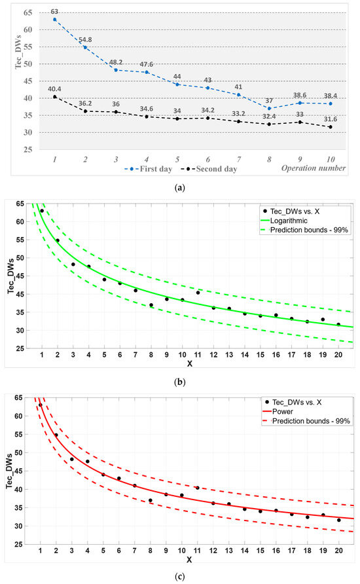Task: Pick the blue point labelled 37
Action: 269,108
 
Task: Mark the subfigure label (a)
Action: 179,187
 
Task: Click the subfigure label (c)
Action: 179,577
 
